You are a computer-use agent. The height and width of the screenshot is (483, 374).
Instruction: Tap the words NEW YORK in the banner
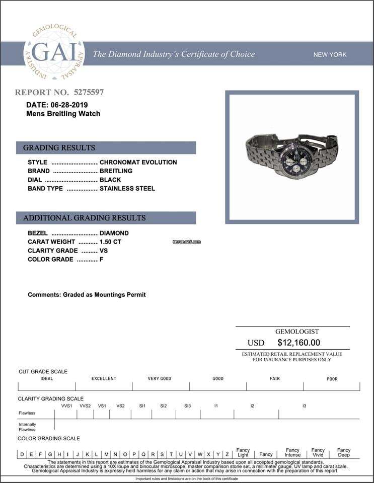[x=330, y=54]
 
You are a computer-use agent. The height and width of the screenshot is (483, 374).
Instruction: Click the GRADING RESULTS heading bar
[x=106, y=148]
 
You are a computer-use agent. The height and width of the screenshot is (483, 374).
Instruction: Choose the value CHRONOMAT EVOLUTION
[x=138, y=162]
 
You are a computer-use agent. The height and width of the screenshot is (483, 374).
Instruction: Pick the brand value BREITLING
[x=116, y=171]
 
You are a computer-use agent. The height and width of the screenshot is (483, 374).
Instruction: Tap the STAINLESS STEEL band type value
[x=127, y=189]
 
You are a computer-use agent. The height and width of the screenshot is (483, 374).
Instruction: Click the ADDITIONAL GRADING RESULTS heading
[x=106, y=218]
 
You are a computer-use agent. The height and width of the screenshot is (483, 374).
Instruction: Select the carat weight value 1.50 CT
[x=110, y=242]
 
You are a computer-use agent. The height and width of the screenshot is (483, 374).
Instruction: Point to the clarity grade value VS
[x=104, y=251]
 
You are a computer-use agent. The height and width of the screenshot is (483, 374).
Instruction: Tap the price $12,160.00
[x=298, y=343]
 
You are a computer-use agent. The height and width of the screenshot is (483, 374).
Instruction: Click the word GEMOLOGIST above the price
[x=297, y=332]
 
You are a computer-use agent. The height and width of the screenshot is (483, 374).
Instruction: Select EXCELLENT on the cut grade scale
[x=104, y=378]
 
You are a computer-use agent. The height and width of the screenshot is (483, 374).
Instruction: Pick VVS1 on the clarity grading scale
[x=66, y=406]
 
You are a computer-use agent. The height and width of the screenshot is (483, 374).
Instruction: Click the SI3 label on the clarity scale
[x=187, y=406]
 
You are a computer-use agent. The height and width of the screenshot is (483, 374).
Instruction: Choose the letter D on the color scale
[x=22, y=454]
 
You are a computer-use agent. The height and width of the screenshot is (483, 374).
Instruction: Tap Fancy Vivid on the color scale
[x=318, y=452]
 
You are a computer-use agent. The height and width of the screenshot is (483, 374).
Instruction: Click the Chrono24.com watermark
[x=186, y=242]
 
